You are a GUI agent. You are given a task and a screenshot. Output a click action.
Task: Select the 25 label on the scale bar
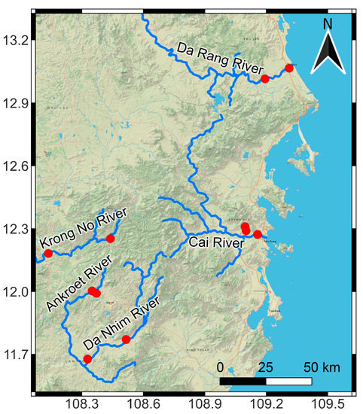264,367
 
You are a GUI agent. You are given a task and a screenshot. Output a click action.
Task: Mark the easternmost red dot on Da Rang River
288,68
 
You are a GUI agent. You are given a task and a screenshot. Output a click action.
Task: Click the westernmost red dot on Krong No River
48,253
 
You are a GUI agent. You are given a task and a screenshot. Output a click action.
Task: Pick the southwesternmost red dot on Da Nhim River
87,359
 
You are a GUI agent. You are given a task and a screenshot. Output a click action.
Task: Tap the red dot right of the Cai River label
258,234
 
